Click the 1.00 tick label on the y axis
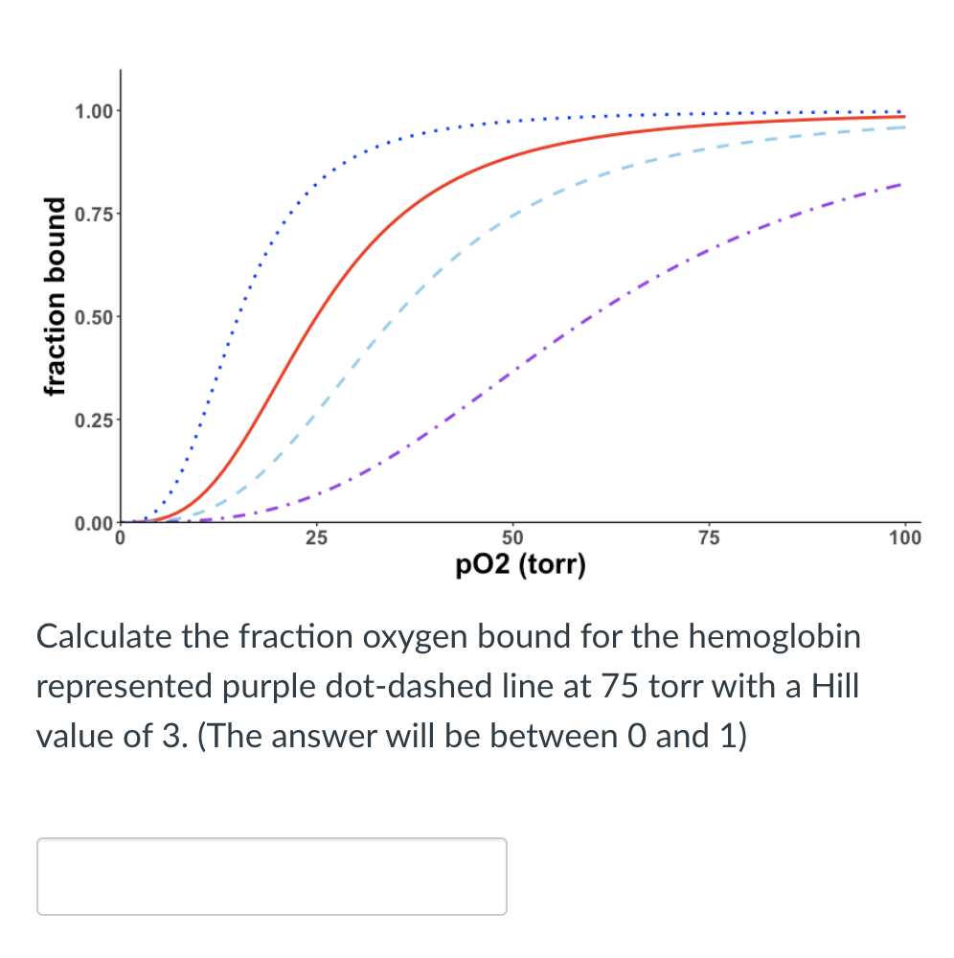pos(92,110)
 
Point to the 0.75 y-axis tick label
pos(92,214)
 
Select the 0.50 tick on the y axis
pos(92,317)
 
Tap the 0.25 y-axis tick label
pos(92,420)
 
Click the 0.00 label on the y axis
pos(92,523)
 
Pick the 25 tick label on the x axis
pos(316,537)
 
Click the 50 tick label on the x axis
pos(512,537)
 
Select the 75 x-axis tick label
pos(709,537)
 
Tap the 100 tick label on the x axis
pos(904,537)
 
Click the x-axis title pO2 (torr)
pos(520,564)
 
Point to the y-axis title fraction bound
pos(56,317)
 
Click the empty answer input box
pos(271,876)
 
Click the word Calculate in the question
pos(103,636)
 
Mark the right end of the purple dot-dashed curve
pos(898,184)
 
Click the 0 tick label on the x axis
pos(120,537)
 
